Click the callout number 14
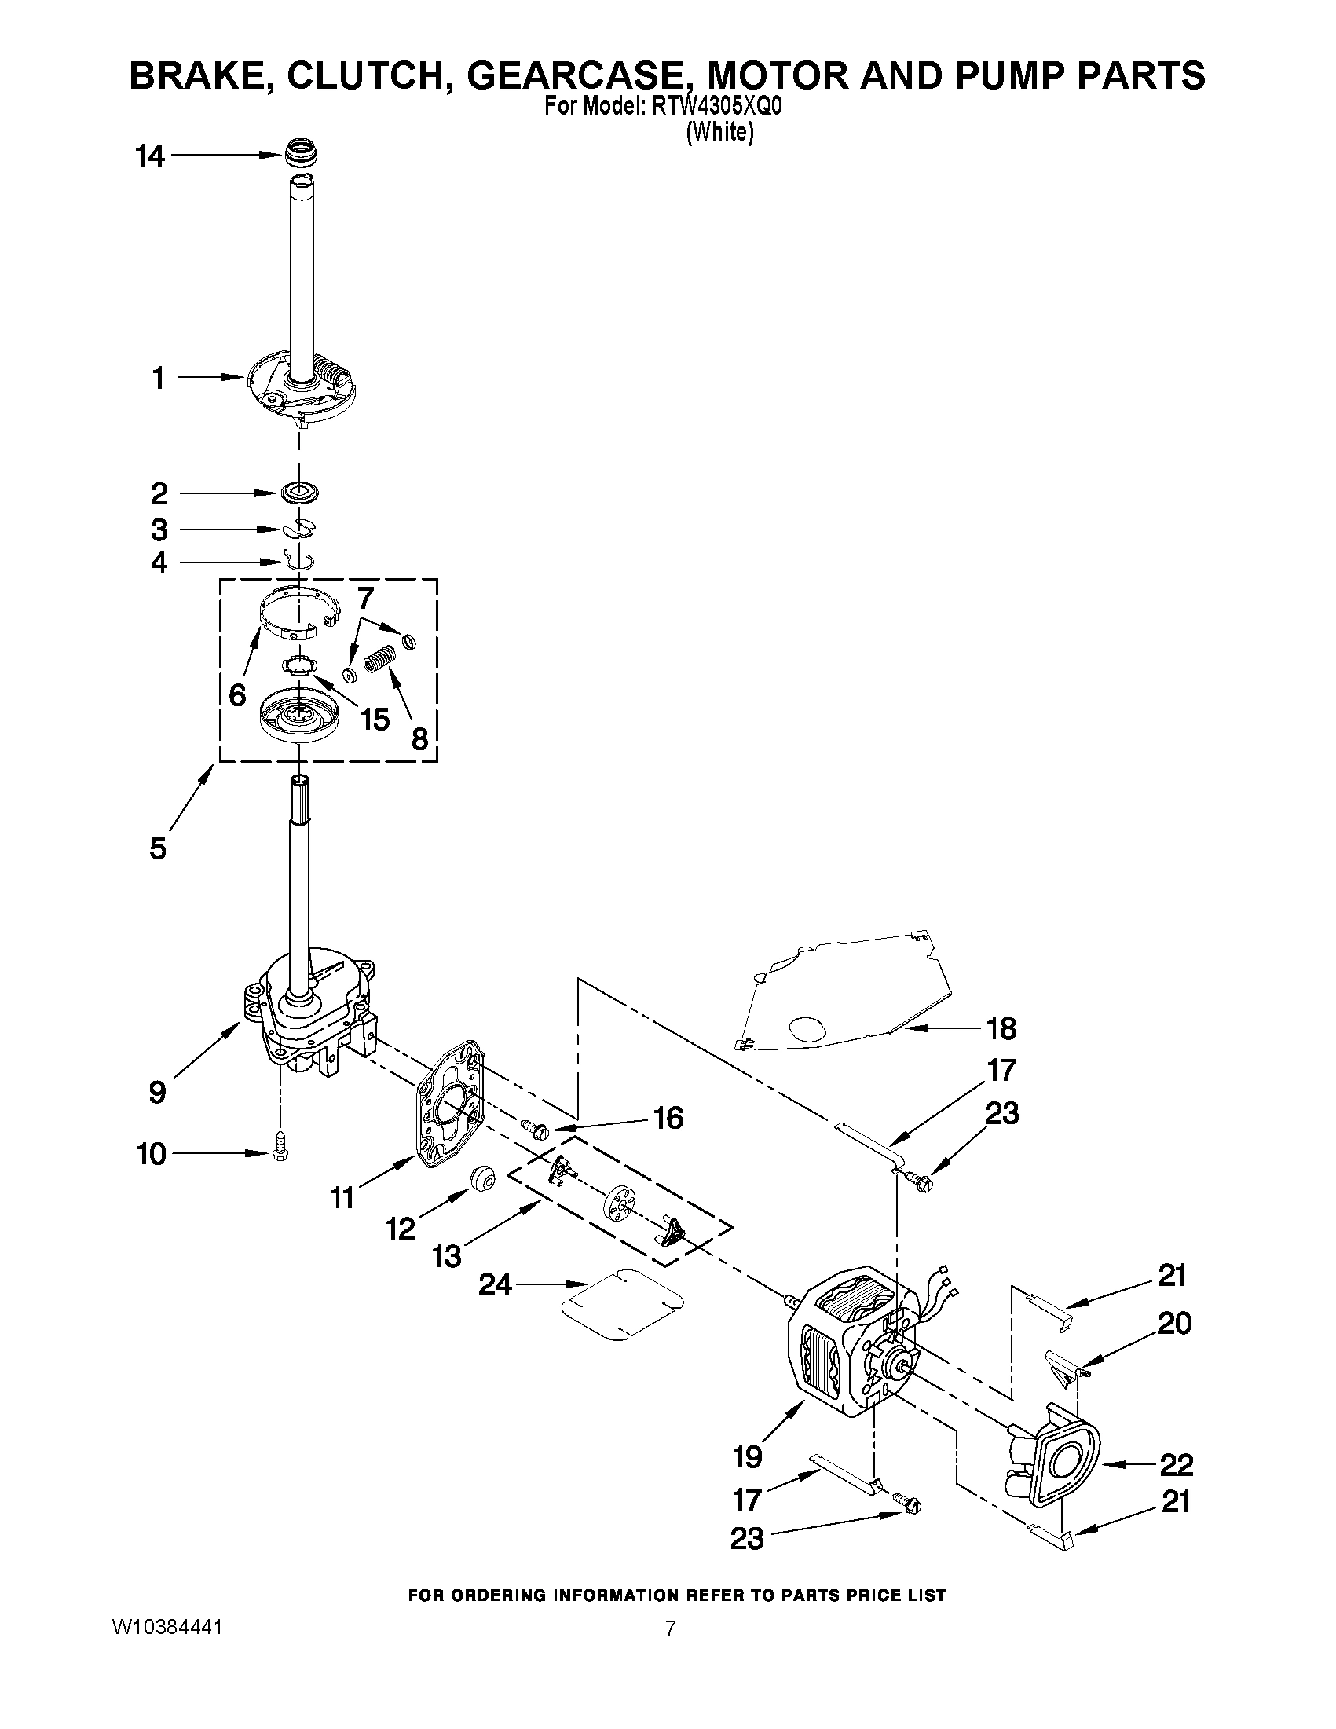[x=149, y=157]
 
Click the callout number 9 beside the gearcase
[x=158, y=1093]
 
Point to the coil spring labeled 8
[x=379, y=658]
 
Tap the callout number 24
[x=496, y=1284]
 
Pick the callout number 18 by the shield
[x=1001, y=1028]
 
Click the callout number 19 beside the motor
[x=747, y=1456]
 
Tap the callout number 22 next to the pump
[x=1175, y=1464]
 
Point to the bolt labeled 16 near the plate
[x=535, y=1127]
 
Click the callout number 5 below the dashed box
[x=158, y=848]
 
